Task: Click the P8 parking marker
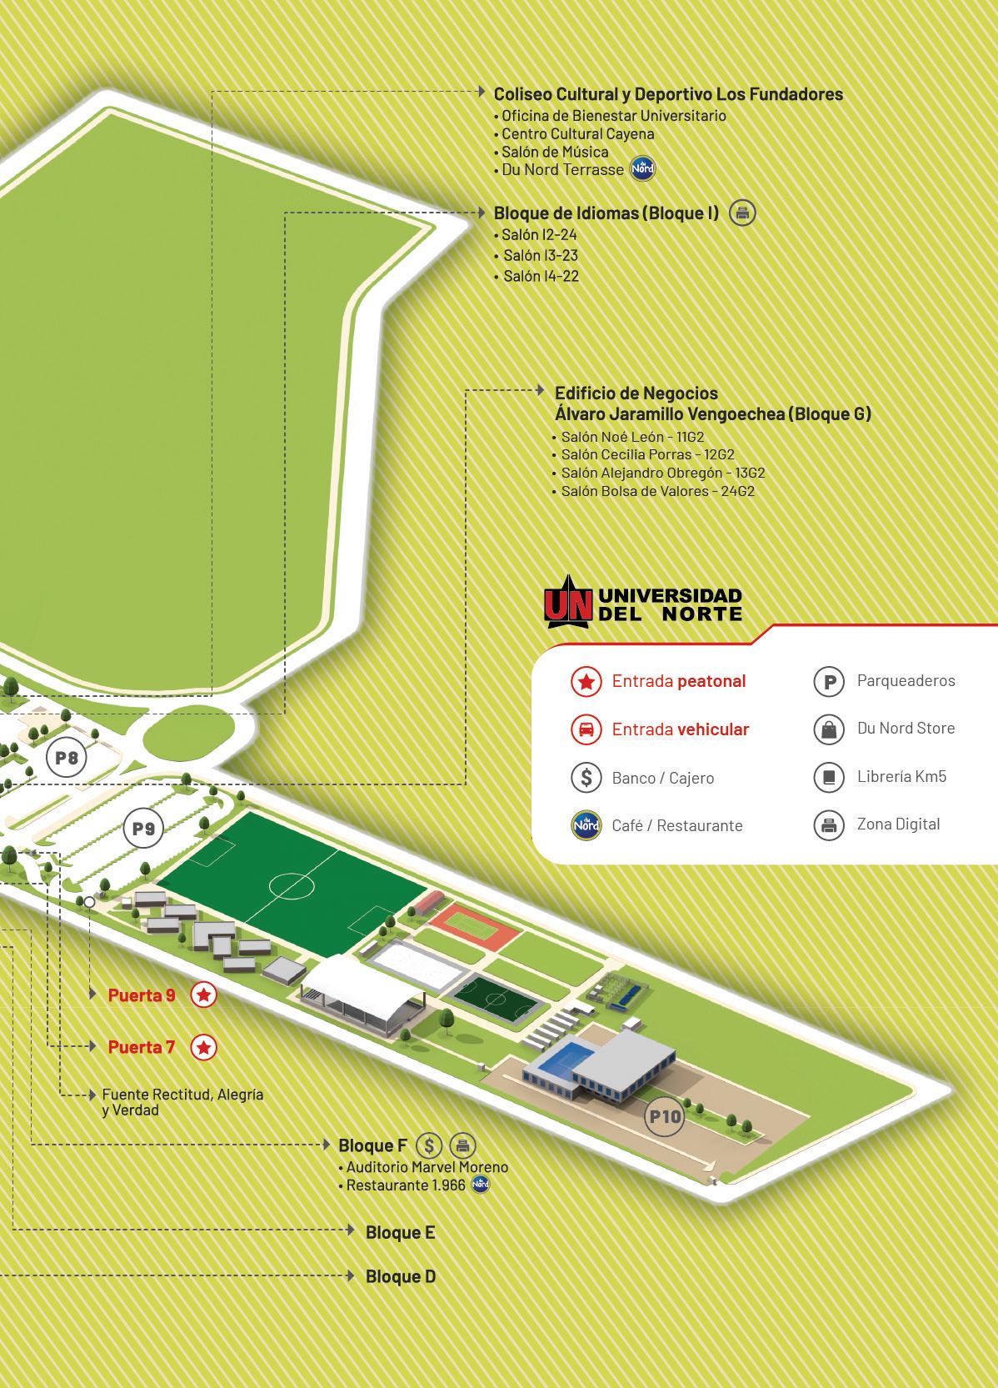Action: (67, 758)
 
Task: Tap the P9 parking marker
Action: (143, 829)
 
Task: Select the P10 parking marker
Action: (665, 1116)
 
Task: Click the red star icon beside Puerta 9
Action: (204, 995)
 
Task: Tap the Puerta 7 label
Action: (142, 1047)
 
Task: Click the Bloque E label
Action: (400, 1232)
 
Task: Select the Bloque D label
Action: (401, 1276)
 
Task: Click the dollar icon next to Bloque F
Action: (428, 1145)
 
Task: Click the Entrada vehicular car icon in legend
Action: (586, 729)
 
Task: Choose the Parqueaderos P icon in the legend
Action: (829, 682)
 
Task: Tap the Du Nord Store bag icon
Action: (829, 729)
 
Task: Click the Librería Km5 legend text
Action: (901, 776)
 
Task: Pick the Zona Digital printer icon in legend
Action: (829, 825)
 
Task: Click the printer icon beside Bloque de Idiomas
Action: (742, 213)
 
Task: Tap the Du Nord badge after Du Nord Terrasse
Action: (643, 169)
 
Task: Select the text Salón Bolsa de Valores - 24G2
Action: (657, 491)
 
